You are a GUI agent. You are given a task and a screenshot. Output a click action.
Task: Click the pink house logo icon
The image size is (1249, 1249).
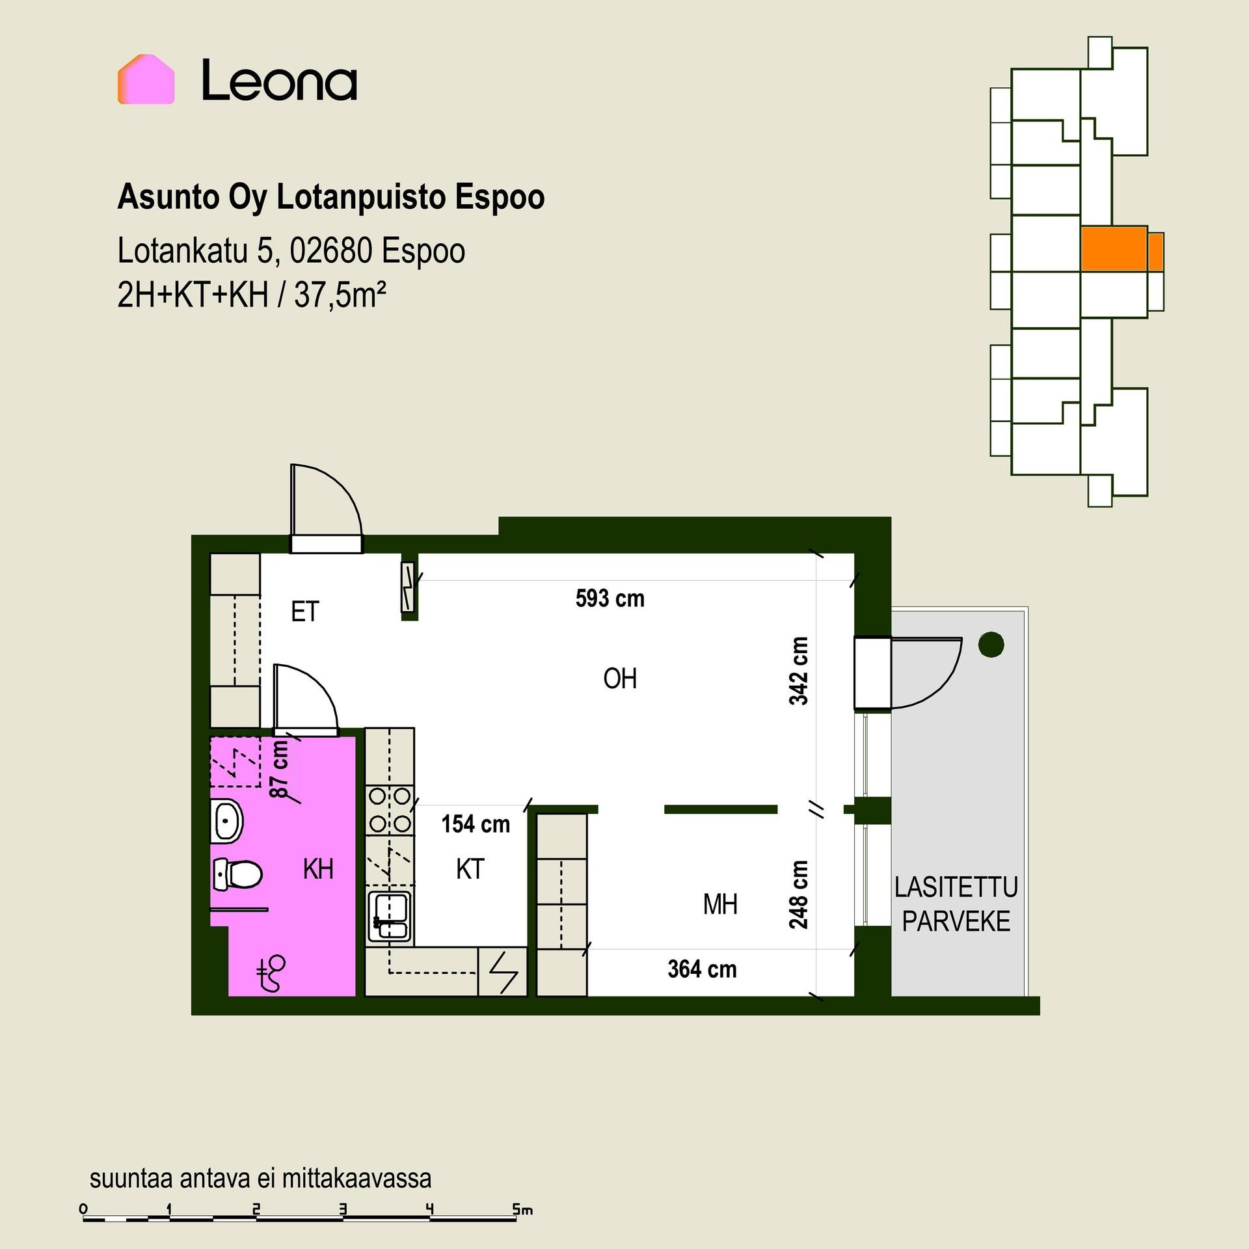[x=146, y=79]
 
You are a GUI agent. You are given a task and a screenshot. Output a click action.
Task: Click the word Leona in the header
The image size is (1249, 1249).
[x=279, y=80]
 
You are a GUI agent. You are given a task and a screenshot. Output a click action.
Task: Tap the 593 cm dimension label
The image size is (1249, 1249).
[x=610, y=598]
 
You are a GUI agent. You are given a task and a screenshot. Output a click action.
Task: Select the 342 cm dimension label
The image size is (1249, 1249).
[x=798, y=671]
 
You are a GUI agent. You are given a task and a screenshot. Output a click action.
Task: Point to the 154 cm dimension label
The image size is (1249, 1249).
[x=476, y=824]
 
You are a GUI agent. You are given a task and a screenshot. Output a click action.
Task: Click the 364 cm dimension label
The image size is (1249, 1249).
[x=702, y=969]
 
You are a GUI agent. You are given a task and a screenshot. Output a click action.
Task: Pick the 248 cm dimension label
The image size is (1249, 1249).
[x=798, y=894]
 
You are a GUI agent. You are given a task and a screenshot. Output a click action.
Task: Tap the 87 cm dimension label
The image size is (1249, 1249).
[x=279, y=770]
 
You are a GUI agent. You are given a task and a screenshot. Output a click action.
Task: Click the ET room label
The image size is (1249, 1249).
[x=305, y=612]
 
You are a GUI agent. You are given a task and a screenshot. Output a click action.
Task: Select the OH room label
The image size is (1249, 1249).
[x=620, y=679]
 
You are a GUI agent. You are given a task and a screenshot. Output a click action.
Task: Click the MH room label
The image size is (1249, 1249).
[x=720, y=904]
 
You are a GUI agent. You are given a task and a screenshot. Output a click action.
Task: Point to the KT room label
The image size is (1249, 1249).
[x=470, y=869]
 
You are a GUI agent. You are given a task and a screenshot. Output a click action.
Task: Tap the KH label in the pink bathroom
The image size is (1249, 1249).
[x=318, y=869]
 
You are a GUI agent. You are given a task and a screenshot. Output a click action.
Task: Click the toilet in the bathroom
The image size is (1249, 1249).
[x=237, y=874]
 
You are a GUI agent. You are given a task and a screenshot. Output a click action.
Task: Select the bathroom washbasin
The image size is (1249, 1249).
[x=226, y=820]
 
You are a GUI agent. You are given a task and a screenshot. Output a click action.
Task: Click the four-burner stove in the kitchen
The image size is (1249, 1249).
[x=390, y=811]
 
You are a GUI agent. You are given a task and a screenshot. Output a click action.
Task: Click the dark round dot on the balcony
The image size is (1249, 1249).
[x=991, y=645]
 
